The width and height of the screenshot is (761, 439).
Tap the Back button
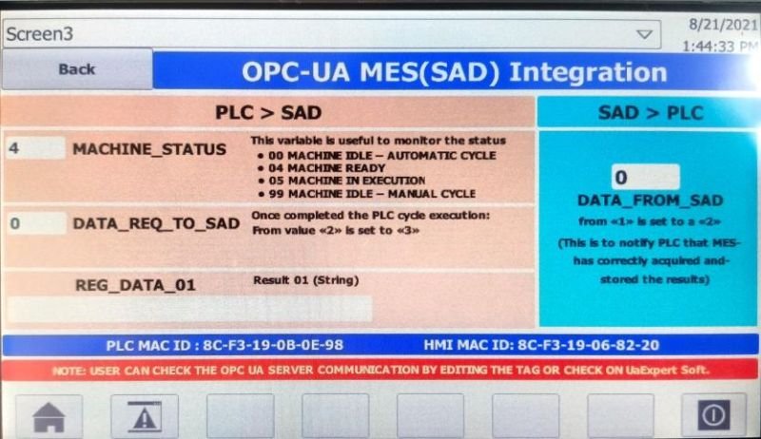[77, 69]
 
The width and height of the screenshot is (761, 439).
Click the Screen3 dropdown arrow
[645, 34]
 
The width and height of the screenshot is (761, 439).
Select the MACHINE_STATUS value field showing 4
[35, 148]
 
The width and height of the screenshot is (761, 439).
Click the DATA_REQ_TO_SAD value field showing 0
[36, 223]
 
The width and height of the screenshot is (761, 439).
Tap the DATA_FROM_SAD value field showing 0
[646, 177]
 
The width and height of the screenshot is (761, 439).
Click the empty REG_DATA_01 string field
[189, 309]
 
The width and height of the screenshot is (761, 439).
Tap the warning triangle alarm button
[145, 416]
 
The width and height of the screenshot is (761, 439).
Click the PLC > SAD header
[268, 113]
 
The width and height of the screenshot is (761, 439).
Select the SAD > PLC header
[651, 113]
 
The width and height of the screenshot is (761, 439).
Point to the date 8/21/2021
[723, 24]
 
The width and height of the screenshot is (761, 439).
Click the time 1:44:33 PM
[720, 46]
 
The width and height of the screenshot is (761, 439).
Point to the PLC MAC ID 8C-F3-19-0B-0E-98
[273, 345]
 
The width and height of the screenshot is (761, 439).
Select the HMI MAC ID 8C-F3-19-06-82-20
[588, 345]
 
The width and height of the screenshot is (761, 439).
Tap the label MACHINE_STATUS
[149, 149]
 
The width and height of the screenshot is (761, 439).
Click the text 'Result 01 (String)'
[306, 280]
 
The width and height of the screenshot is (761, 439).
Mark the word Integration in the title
[588, 72]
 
